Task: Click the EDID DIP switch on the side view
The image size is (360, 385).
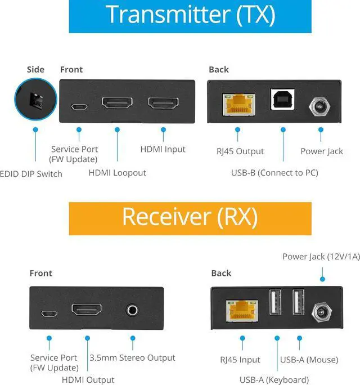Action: tap(35, 101)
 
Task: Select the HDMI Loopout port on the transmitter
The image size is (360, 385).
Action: tap(117, 104)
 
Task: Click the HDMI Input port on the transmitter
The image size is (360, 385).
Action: tap(163, 104)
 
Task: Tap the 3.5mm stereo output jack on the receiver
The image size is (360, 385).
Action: tap(133, 309)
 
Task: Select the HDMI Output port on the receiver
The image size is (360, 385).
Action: tap(87, 310)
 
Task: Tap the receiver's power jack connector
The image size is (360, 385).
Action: tap(322, 310)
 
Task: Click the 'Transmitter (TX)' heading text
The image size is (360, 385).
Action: tap(190, 15)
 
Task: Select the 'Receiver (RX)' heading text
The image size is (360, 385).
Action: tap(190, 217)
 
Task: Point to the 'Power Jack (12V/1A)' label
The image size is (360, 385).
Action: tap(313, 257)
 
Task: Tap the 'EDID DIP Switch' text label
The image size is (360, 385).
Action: tap(31, 173)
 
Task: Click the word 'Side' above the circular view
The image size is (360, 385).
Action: tap(35, 69)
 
